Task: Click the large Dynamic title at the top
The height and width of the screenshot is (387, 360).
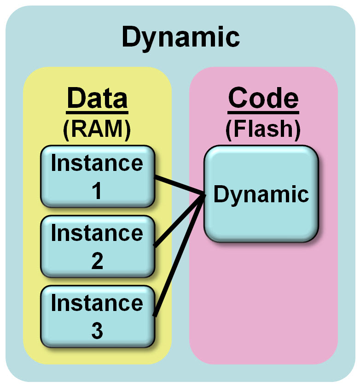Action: (x=180, y=37)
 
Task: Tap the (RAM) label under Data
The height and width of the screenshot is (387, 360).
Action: (x=97, y=129)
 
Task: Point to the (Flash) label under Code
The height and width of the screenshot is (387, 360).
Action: (x=263, y=129)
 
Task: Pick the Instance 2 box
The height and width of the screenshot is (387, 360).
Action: (x=97, y=246)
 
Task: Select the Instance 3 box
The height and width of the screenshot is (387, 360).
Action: (x=97, y=316)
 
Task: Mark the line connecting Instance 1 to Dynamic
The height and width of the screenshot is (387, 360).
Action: (x=180, y=186)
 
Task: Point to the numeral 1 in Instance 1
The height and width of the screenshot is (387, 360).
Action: (x=97, y=191)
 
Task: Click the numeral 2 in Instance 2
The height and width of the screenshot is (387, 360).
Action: (x=97, y=261)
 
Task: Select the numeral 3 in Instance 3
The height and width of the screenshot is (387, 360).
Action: (x=97, y=331)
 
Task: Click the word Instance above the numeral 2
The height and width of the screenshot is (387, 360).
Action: (x=97, y=233)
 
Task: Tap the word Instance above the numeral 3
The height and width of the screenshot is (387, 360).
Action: (x=97, y=303)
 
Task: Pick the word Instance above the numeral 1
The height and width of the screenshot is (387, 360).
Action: (x=97, y=164)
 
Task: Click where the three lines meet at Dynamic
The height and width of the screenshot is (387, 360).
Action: (x=204, y=196)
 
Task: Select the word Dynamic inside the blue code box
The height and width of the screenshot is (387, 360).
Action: (x=261, y=194)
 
